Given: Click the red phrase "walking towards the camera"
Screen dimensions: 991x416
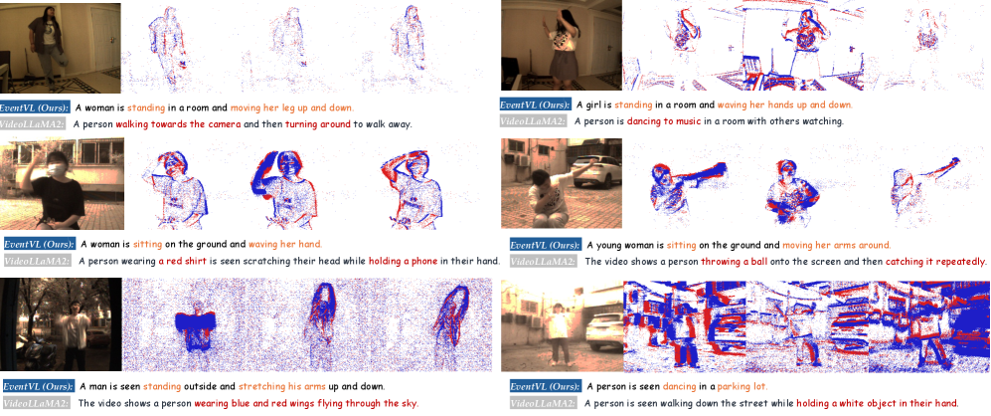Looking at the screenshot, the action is click(178, 124).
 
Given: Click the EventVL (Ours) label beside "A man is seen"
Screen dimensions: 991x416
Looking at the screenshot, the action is click(38, 386).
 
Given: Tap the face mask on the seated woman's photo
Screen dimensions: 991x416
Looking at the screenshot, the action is click(58, 170).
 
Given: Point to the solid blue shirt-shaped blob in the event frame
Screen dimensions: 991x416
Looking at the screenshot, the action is click(197, 329).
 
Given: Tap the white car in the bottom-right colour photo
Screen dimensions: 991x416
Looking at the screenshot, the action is click(604, 331).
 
